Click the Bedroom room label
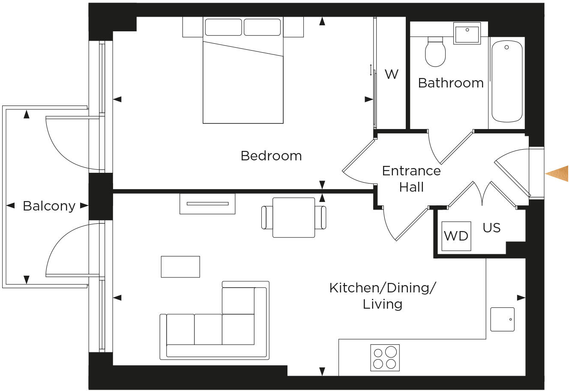coord(271,156)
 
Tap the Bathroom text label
coord(450,83)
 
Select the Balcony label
coord(49,206)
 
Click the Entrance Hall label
coord(411,179)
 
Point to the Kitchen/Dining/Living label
coord(382,296)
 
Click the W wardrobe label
coord(391,74)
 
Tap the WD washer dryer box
coord(456,236)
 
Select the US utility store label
coord(491,228)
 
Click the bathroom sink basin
coord(467,33)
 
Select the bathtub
coord(506,81)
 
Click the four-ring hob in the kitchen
coord(385,358)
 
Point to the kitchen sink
coord(502,319)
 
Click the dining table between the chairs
coord(293,217)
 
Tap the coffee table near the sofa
coord(180,267)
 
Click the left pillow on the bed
coord(223,27)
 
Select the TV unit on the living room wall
coord(207,204)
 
